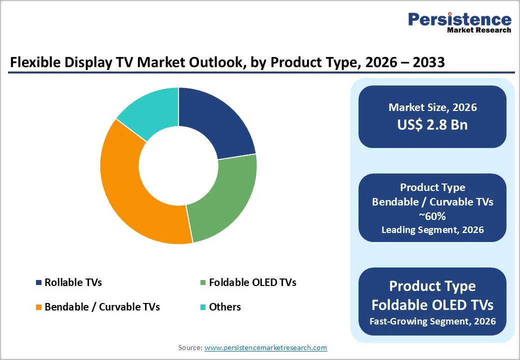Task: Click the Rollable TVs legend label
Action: pos(73,282)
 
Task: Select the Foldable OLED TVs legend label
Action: pos(252,282)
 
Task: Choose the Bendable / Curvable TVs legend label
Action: pos(102,307)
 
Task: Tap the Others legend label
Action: pos(225,307)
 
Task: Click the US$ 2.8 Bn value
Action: pos(432,124)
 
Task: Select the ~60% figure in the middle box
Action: pos(432,216)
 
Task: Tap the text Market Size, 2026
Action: pos(432,107)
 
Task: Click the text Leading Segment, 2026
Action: pos(432,230)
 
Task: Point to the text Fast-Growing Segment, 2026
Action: pos(432,321)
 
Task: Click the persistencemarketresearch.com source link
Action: pos(265,347)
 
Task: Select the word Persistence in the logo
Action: pos(459,19)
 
